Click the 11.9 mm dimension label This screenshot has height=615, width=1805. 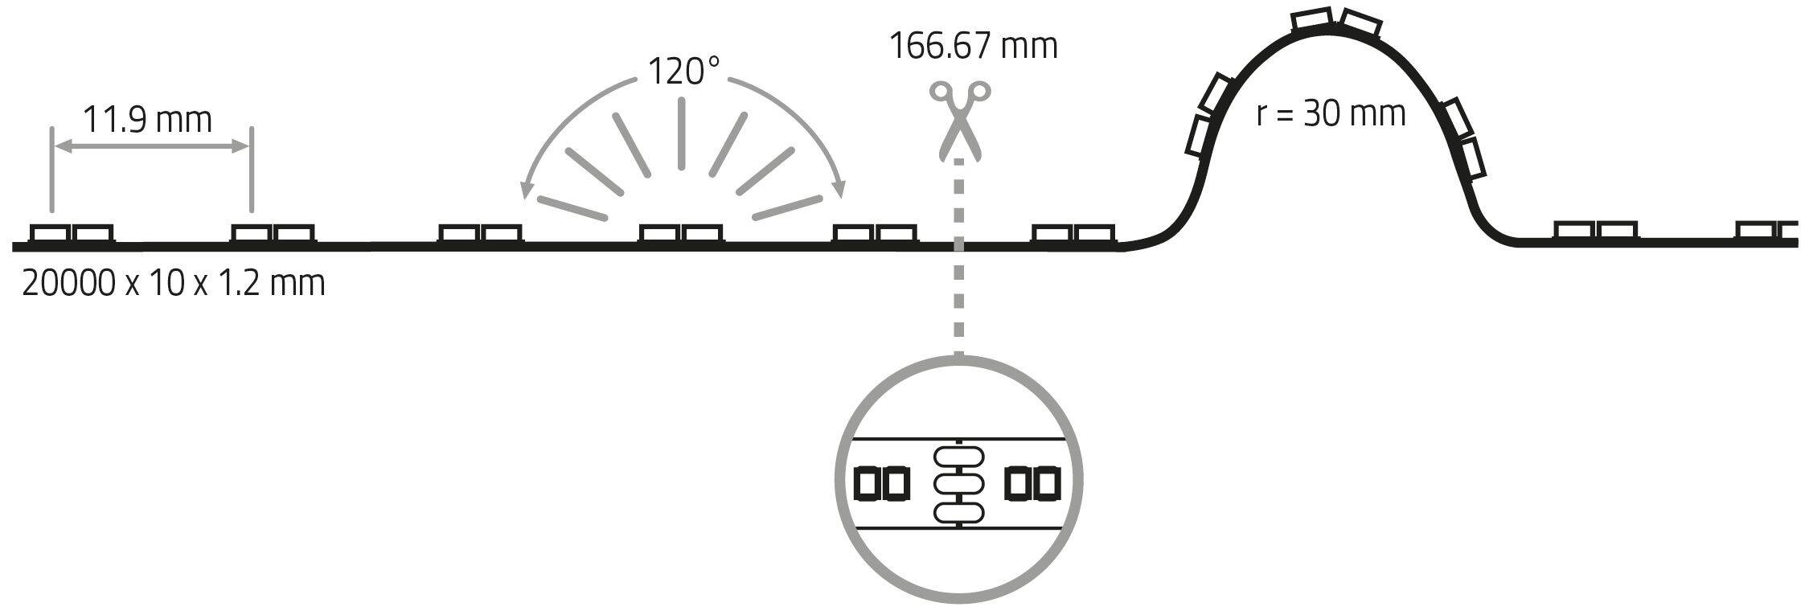tap(148, 120)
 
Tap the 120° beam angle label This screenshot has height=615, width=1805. tap(683, 72)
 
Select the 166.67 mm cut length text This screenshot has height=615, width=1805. tap(973, 46)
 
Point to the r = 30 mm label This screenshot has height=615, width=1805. tap(1331, 114)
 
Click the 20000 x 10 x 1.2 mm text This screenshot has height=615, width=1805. tap(174, 283)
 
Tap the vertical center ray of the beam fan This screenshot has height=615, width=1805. tap(681, 134)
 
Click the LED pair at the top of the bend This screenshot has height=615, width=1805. tap(1335, 23)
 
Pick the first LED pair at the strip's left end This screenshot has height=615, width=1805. tap(72, 232)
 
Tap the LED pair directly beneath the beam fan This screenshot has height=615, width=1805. tap(682, 232)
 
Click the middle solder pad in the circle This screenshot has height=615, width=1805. tap(958, 483)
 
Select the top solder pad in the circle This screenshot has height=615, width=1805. tap(958, 456)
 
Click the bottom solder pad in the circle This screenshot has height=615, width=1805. tap(958, 510)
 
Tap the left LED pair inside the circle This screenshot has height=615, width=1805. tap(881, 483)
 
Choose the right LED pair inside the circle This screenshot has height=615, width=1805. tap(1033, 483)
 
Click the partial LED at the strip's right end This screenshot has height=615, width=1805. tap(1767, 231)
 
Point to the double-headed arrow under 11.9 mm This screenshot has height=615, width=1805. tap(150, 146)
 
